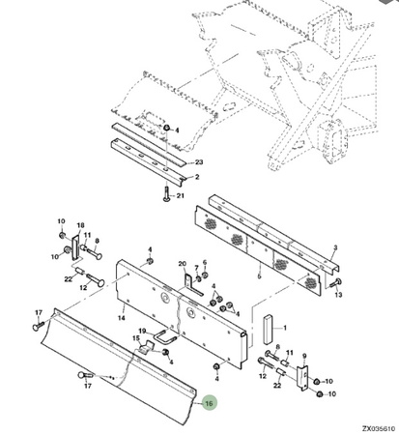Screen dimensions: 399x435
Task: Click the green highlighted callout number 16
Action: (210, 403)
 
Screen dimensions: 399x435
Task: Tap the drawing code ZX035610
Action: (379, 429)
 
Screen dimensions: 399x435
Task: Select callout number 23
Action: (199, 161)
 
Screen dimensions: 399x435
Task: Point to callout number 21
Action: (181, 195)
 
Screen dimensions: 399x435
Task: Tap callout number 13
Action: (338, 295)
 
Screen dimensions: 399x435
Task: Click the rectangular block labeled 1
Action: (269, 330)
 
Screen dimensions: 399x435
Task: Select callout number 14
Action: (121, 318)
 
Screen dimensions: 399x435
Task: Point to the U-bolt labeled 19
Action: (166, 336)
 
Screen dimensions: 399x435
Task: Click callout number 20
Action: (183, 264)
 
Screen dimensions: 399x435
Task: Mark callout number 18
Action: (80, 225)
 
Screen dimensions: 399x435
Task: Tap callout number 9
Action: (304, 356)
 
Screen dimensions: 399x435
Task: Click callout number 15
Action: (136, 338)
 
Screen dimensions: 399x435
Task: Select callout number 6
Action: (204, 263)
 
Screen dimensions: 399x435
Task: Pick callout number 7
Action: (196, 268)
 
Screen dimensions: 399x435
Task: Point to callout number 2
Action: (197, 177)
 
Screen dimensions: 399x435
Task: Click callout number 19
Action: (143, 331)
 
